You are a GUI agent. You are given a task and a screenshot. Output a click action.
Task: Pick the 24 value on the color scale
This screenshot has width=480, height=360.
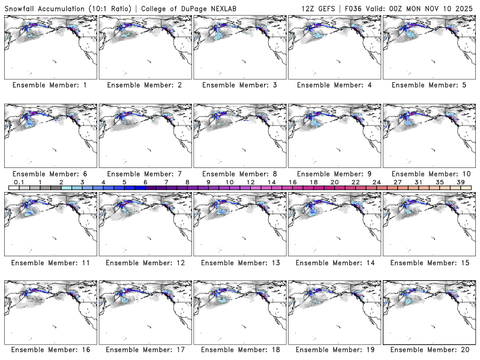pos(377,182)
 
